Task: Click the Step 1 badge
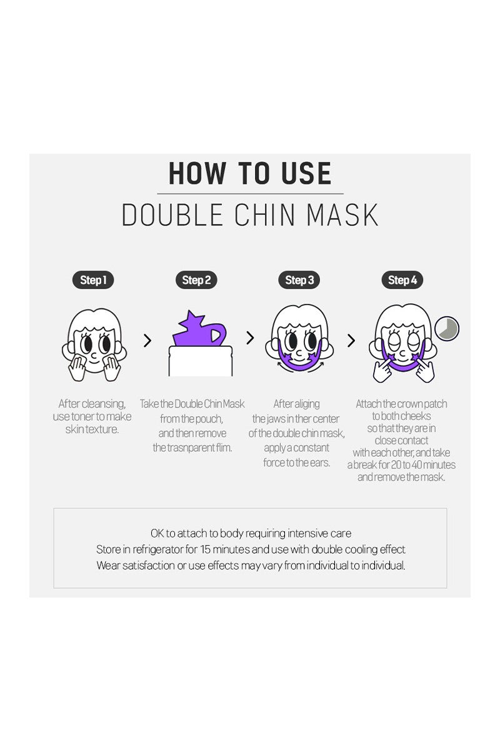(93, 280)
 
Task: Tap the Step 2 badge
(196, 280)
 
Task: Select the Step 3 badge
(299, 280)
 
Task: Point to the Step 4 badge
(402, 280)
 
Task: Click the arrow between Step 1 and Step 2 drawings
(147, 341)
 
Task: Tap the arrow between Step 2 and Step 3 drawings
(250, 338)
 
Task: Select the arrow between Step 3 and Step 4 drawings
(351, 341)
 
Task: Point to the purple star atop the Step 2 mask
(191, 321)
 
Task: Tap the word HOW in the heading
(197, 173)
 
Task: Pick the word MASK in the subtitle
(342, 215)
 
